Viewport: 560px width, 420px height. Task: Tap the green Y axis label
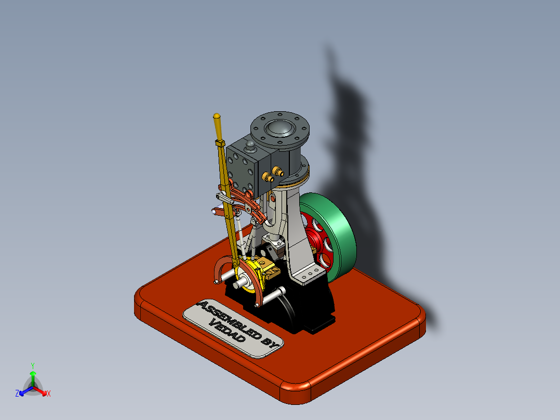click(32, 365)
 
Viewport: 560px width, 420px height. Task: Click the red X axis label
click(48, 393)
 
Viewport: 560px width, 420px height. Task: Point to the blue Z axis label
click(17, 393)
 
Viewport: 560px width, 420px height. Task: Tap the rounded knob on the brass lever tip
click(217, 116)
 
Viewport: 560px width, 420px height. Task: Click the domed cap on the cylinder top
click(279, 128)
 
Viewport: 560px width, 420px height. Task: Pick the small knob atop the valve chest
click(250, 144)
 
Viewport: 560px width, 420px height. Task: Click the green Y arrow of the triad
click(32, 376)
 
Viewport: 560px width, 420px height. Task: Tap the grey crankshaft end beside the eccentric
click(238, 285)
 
